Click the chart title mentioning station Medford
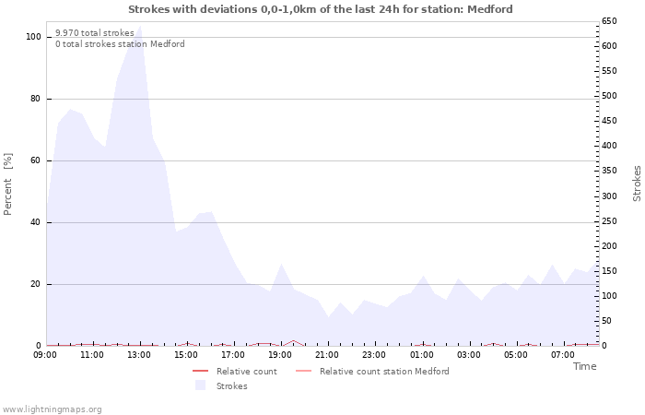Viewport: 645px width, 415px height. pos(321,9)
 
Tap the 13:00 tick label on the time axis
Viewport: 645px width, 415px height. pos(139,354)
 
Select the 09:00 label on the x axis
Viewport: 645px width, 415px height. pos(45,354)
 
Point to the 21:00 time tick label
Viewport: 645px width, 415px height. pos(328,354)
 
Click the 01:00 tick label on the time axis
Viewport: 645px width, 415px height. pos(422,354)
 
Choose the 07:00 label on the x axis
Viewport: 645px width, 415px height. pos(563,354)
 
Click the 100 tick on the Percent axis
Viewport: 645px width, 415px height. pos(33,37)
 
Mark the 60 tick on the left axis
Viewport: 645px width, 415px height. pos(36,160)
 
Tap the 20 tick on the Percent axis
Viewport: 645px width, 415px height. pos(36,284)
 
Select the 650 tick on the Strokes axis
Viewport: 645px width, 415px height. pos(609,20)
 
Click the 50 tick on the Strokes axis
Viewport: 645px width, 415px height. pos(607,321)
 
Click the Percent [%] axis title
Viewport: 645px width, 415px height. pos(8,184)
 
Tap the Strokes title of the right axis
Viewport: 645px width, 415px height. pos(637,184)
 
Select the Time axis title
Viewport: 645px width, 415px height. pos(584,366)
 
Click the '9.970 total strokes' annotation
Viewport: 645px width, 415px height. pos(95,32)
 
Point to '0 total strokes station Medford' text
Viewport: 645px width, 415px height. pos(120,44)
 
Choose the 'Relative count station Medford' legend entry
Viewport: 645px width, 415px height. pos(384,372)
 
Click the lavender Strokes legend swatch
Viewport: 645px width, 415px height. pos(200,385)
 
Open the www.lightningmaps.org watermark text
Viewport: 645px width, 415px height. pos(53,409)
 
